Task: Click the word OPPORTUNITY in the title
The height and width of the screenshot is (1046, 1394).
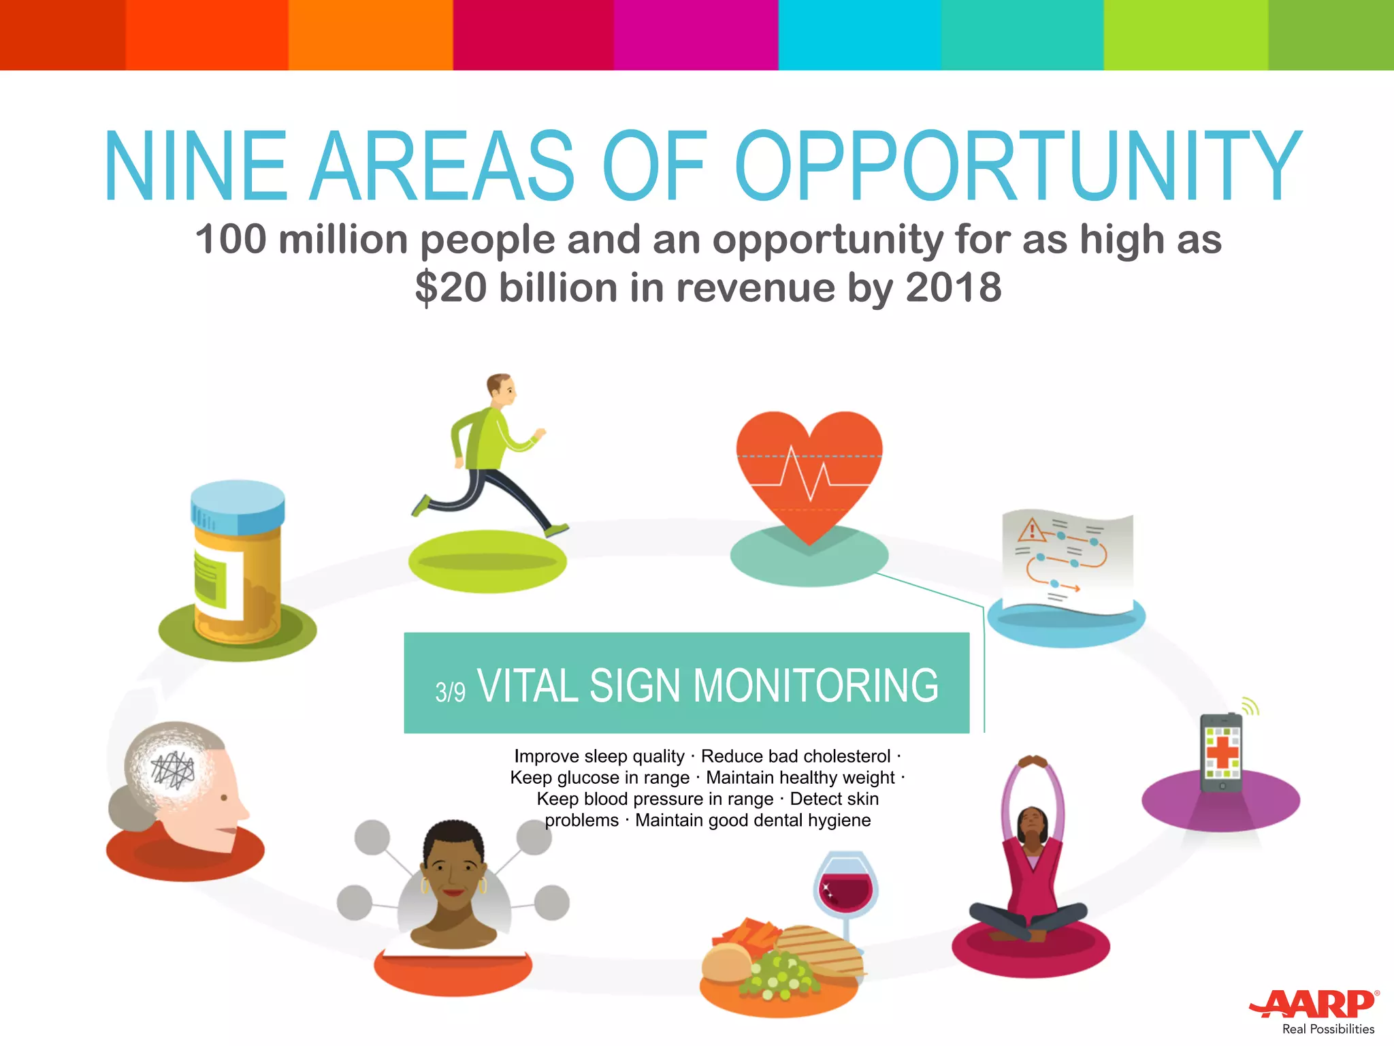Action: click(x=1018, y=167)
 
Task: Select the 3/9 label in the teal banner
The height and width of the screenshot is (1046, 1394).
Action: click(x=451, y=692)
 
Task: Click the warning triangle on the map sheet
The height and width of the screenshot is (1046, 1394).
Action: click(x=1032, y=529)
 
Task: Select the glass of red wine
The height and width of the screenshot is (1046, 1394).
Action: click(x=845, y=885)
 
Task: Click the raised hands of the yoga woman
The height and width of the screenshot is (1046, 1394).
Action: click(x=1033, y=761)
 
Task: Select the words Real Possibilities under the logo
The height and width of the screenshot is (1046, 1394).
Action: click(x=1328, y=1029)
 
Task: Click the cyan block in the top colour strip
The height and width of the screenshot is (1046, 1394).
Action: click(x=859, y=35)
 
